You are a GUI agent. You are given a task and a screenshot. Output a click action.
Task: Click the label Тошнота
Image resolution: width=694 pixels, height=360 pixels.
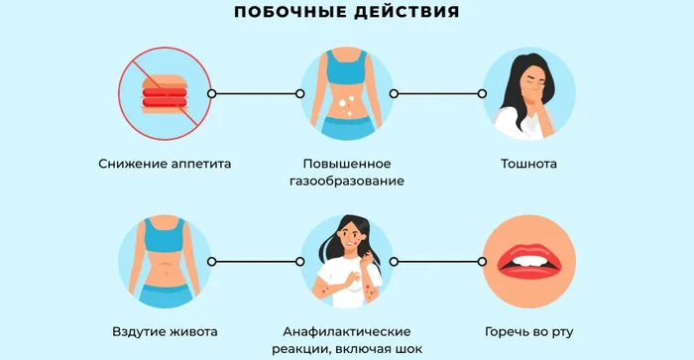528,164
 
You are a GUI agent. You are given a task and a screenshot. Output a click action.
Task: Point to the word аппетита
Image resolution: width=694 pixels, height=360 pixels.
202,164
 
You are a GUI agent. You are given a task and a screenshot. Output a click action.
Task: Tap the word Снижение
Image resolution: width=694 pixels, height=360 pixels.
131,164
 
